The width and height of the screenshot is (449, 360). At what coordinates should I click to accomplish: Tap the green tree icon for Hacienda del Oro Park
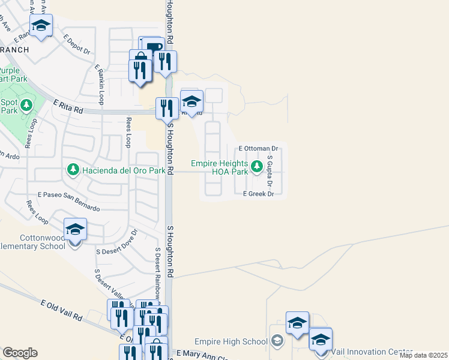coord(73,170)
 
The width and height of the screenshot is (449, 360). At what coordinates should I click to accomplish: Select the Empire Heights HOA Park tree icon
coord(257,166)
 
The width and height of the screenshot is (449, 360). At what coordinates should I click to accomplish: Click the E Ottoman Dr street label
coord(259,148)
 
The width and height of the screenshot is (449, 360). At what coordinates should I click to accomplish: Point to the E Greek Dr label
coord(258,194)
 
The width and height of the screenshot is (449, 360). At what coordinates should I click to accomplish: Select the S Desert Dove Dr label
coord(117,242)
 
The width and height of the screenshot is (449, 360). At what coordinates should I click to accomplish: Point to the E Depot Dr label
coord(76,44)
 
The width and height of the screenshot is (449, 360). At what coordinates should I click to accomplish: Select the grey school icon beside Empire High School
coord(277,341)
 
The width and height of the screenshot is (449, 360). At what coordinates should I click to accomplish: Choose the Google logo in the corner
coord(19,353)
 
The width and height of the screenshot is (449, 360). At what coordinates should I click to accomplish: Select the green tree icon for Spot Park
coord(26,106)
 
